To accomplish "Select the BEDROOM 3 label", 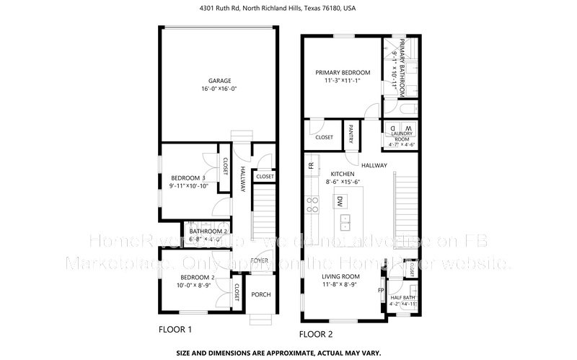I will [188, 178].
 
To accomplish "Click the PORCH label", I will [260, 294].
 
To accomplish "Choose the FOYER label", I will [260, 260].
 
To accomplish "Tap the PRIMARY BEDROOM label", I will [343, 73].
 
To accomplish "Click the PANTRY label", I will [351, 134].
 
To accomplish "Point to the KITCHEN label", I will [343, 175].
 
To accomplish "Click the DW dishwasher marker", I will [339, 203].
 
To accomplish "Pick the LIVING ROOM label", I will [341, 277].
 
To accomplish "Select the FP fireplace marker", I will [381, 291].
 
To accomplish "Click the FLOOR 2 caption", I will [317, 334].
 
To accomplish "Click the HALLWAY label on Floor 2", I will [374, 165].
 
